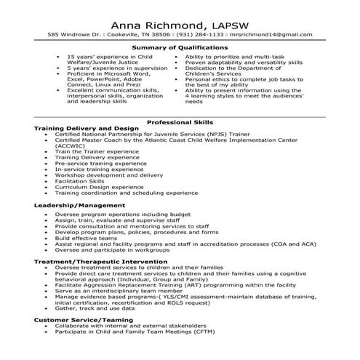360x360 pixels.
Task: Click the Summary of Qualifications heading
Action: click(179, 48)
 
